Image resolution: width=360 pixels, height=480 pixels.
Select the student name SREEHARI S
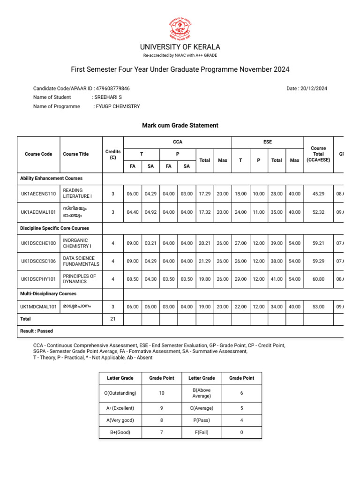(x=108, y=97)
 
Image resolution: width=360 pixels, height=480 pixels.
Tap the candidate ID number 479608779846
(x=112, y=89)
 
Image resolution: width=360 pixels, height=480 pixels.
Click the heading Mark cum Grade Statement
(x=180, y=126)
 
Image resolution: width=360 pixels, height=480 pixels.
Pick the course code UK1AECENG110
(x=38, y=193)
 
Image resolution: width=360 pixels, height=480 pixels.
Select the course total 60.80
(x=318, y=279)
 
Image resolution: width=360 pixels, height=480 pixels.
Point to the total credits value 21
(x=112, y=319)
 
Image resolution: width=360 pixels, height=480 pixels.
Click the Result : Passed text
(x=37, y=331)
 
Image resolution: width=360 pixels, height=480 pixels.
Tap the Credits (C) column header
(x=112, y=154)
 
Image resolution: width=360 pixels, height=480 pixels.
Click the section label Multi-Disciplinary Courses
(x=48, y=294)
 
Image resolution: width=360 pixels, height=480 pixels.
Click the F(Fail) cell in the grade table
(x=202, y=433)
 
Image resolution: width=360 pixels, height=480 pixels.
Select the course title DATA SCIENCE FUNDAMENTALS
(x=79, y=261)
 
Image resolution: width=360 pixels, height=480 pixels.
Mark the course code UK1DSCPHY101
(x=38, y=279)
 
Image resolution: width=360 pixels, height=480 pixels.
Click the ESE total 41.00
(x=277, y=279)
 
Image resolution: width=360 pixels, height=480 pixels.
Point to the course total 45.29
(x=318, y=193)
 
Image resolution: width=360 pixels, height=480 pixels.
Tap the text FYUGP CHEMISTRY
(x=118, y=106)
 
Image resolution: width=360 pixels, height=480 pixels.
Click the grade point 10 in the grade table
(x=161, y=393)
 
